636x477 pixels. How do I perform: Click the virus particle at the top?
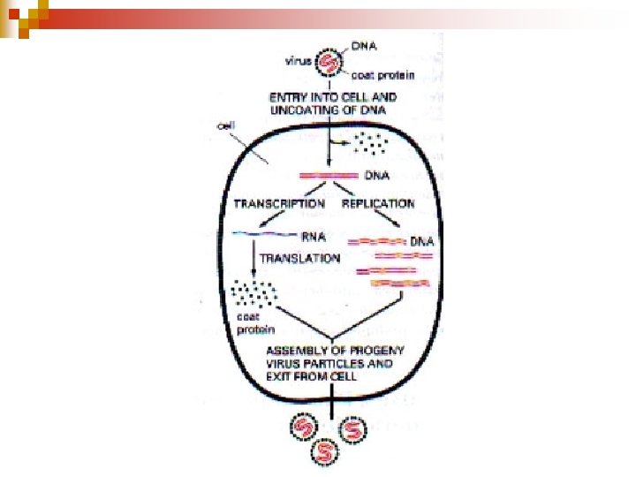[329, 62]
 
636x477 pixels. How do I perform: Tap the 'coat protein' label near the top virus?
[375, 76]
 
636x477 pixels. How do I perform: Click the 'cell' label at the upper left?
[225, 126]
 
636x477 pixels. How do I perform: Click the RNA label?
[310, 236]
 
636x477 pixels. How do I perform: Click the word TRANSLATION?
[300, 258]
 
